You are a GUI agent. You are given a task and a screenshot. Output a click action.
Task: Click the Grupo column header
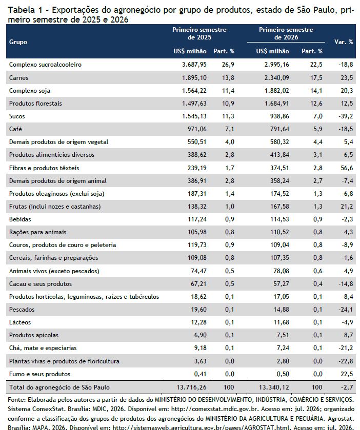coord(18,42)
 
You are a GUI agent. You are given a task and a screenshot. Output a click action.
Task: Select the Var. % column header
coord(344,42)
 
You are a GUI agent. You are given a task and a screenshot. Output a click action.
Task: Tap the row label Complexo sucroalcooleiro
coord(45,65)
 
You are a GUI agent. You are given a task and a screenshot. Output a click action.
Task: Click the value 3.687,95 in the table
coord(194,65)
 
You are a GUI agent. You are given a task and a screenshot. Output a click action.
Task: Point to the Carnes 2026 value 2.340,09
coord(276,77)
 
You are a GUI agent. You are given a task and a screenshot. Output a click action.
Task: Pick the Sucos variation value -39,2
coord(346,116)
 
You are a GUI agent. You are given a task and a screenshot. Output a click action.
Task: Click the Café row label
coord(15,129)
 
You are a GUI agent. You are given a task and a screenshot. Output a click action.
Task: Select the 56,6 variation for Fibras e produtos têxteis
coord(347,168)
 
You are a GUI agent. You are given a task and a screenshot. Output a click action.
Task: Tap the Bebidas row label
coord(20,219)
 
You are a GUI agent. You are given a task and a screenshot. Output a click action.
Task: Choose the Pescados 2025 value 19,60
coord(198,310)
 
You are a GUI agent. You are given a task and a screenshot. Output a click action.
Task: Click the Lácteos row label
coord(20,322)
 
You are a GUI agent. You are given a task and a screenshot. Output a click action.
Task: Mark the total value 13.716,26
coord(191,387)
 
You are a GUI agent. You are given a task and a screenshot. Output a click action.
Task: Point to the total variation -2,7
coord(347,387)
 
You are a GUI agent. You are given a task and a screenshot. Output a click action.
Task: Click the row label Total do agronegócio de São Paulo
coord(59,387)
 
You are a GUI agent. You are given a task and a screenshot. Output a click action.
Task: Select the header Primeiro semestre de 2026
coord(286,33)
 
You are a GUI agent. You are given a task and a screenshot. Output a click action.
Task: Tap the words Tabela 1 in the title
coord(25,10)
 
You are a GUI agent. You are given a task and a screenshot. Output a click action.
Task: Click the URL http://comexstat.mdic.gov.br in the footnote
coord(215,409)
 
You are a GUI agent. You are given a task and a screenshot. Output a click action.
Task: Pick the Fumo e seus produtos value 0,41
coord(201,374)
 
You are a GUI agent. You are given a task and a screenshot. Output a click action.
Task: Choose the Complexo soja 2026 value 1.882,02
coord(276,91)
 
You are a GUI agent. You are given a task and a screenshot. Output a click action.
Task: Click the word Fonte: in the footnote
coord(17,399)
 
